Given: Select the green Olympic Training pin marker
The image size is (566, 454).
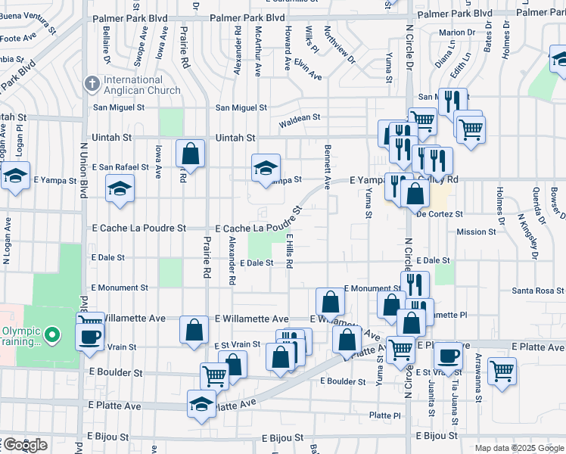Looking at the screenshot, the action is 51,334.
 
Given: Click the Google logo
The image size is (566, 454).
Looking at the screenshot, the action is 24,445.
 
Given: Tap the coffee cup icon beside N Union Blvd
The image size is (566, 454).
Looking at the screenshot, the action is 90,334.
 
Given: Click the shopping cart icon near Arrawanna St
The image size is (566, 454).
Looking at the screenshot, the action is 502,371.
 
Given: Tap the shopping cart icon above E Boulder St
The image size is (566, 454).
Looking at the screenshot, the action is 215,375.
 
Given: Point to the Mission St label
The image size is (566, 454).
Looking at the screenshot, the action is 476,232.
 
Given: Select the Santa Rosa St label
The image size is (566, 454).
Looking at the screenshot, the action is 538,291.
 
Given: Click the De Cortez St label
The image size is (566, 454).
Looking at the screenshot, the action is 440,214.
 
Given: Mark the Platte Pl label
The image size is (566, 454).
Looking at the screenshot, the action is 385,415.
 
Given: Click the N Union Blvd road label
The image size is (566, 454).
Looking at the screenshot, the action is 85,166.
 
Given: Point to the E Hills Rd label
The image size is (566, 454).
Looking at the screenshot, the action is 289,251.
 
